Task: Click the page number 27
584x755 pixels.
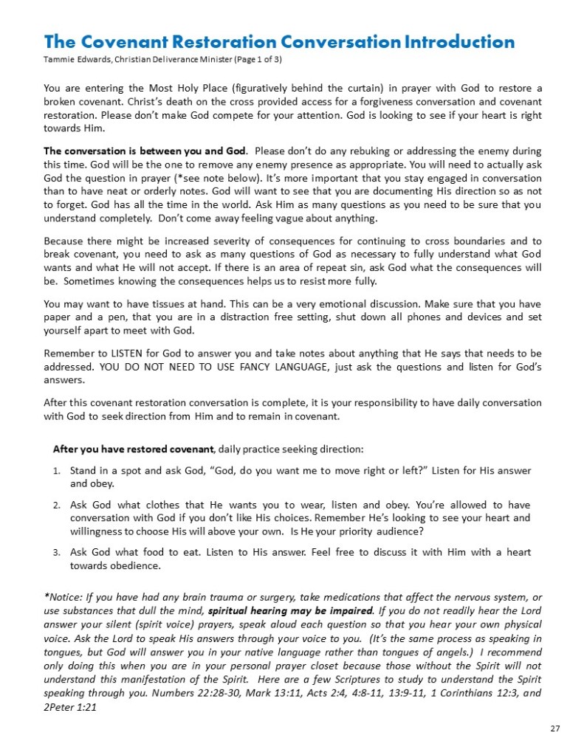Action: (x=555, y=728)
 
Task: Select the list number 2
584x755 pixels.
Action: (x=57, y=506)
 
